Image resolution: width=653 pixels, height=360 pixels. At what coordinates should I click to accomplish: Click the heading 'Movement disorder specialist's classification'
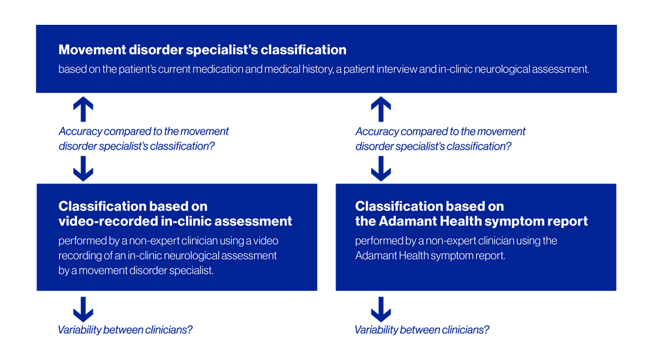click(x=202, y=50)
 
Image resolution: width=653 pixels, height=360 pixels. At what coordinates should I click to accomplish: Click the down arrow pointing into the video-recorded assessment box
click(x=83, y=169)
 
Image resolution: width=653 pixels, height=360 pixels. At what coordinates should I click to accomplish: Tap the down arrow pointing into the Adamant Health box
click(x=381, y=169)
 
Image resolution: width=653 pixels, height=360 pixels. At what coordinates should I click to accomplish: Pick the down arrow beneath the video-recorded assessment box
click(x=83, y=308)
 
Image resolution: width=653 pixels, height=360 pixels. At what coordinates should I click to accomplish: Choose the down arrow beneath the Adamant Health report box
click(x=381, y=308)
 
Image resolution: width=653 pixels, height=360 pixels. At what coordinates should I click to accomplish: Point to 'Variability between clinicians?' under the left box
click(x=125, y=330)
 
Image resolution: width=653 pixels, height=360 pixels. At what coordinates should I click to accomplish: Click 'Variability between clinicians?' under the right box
click(x=422, y=330)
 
